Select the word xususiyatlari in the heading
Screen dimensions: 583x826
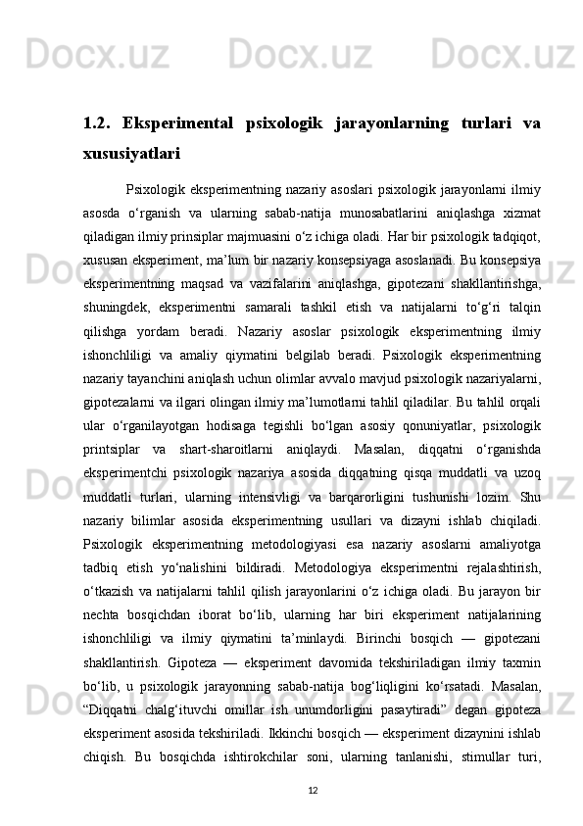[131, 154]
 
